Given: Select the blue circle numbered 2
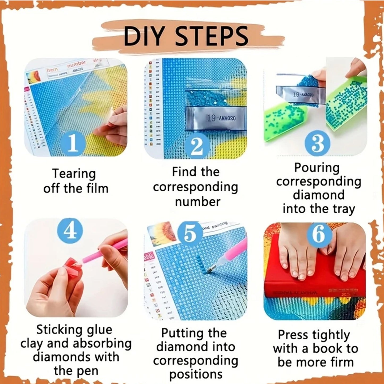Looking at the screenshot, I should click(197, 146).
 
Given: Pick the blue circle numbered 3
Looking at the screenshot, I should click(318, 143).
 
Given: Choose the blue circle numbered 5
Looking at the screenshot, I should click(190, 234).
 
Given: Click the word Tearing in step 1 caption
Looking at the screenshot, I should click(74, 174).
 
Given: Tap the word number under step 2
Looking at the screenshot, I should click(197, 202).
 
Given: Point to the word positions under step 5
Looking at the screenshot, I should click(196, 374).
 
